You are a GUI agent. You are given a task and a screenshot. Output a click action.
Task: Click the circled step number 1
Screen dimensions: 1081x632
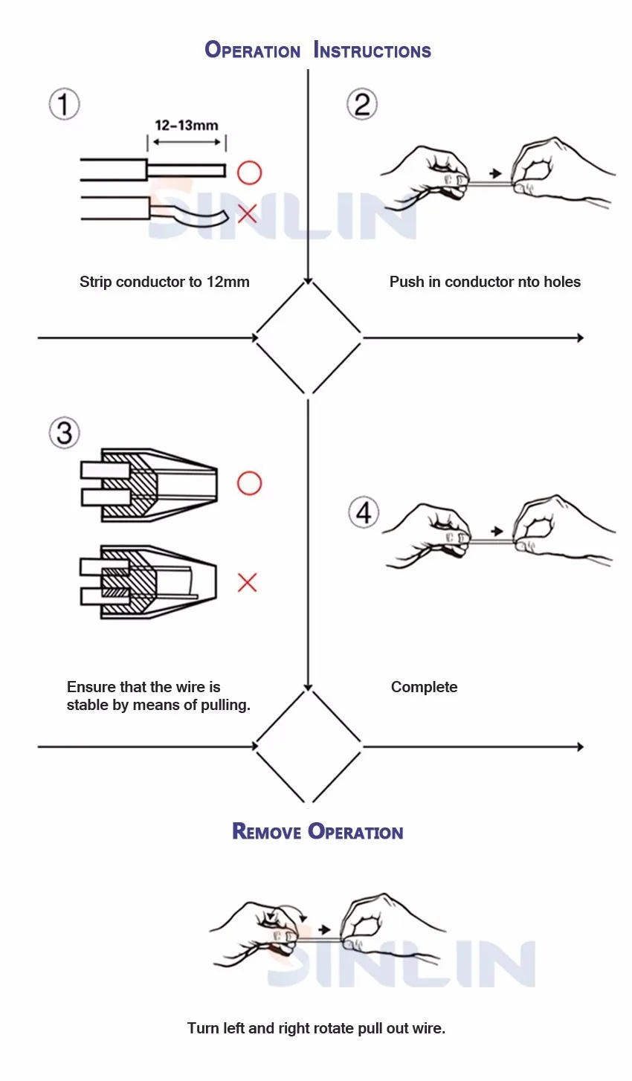65,104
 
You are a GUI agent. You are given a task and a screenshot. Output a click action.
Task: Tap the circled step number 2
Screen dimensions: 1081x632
362,104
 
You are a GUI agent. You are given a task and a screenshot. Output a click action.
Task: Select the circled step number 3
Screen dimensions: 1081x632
65,433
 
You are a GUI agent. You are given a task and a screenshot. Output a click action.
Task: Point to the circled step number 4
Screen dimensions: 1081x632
364,513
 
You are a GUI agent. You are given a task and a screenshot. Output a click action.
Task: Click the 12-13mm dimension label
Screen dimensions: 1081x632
187,125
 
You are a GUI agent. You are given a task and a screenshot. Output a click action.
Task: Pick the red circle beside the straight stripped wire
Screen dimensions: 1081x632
250,172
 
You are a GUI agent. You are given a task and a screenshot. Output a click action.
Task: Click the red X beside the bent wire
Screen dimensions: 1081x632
248,214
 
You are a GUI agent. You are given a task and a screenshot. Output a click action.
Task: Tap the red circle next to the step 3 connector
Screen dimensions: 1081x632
250,483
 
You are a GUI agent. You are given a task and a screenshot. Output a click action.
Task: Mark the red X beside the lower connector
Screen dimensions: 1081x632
248,582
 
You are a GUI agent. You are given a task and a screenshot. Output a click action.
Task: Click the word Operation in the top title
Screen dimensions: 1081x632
253,51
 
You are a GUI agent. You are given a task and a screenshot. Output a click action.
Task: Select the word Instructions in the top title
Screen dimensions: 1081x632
373,51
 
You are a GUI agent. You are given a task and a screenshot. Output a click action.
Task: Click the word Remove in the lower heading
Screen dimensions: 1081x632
266,831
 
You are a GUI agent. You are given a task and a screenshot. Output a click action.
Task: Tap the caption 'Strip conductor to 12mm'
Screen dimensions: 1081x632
164,282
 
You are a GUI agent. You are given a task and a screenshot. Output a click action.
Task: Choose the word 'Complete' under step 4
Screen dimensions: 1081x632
424,687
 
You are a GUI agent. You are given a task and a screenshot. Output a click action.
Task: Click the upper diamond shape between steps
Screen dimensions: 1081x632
309,338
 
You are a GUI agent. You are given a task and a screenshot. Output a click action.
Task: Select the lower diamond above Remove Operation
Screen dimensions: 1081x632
309,746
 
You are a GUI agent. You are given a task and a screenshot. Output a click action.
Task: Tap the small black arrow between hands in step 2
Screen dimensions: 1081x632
496,175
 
